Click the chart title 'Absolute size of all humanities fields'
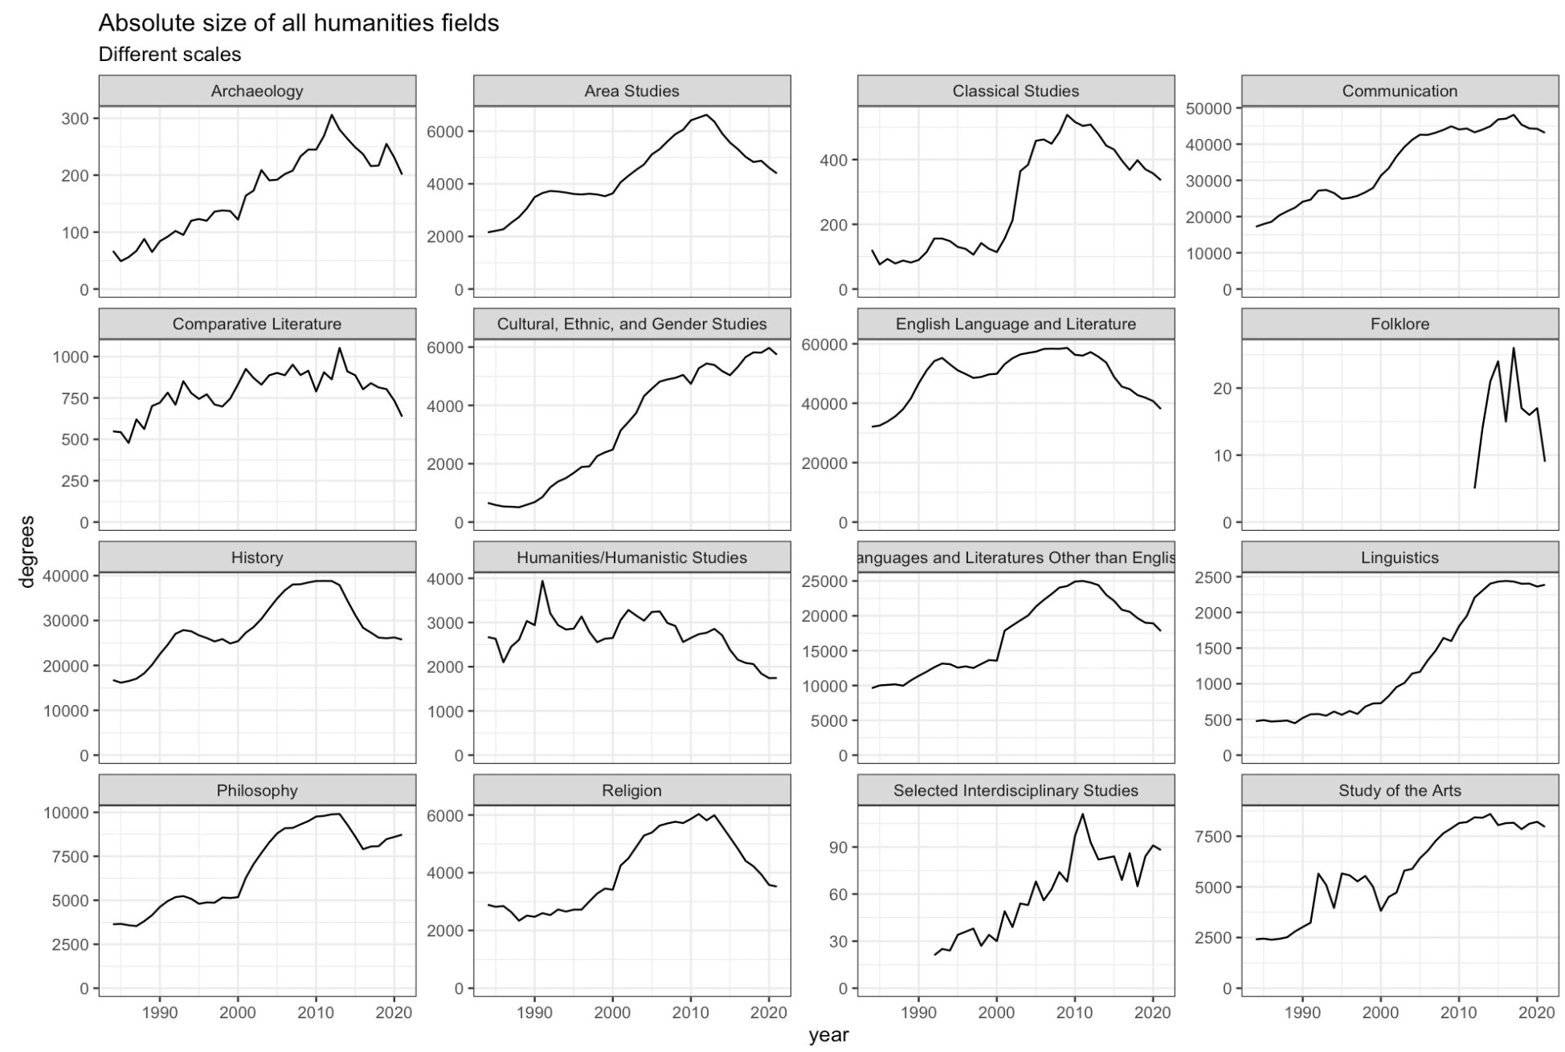click(298, 23)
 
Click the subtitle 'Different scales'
click(170, 55)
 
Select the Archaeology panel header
click(257, 91)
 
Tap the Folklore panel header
click(1400, 324)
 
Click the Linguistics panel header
click(1400, 557)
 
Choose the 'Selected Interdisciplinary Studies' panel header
click(1015, 790)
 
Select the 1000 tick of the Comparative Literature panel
click(68, 357)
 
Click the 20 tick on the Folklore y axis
click(1222, 389)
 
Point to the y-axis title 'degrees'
click(27, 552)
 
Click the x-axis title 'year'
click(828, 1035)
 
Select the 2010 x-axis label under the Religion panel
click(690, 1013)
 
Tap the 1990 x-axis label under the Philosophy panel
click(159, 1013)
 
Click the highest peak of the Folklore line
click(1514, 349)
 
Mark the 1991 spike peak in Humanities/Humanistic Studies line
click(542, 581)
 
